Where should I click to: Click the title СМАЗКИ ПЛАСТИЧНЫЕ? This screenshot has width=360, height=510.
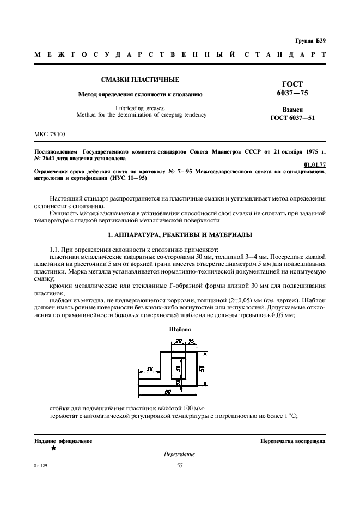click(x=140, y=80)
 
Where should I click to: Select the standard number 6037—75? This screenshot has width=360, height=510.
click(x=292, y=93)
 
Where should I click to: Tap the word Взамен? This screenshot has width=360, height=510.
click(x=292, y=109)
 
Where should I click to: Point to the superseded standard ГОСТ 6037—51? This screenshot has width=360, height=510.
click(x=292, y=118)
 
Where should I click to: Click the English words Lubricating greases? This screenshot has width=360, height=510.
click(x=141, y=107)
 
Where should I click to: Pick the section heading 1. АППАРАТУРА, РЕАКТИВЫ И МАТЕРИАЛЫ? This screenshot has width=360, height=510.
click(x=180, y=235)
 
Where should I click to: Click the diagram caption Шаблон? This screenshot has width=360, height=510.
click(x=180, y=329)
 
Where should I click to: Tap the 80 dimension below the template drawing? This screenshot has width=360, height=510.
click(x=168, y=391)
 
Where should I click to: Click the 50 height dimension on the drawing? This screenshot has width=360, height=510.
click(x=201, y=368)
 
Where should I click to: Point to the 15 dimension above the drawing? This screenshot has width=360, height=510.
click(x=191, y=342)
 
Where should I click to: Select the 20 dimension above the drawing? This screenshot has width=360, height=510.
click(x=179, y=342)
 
